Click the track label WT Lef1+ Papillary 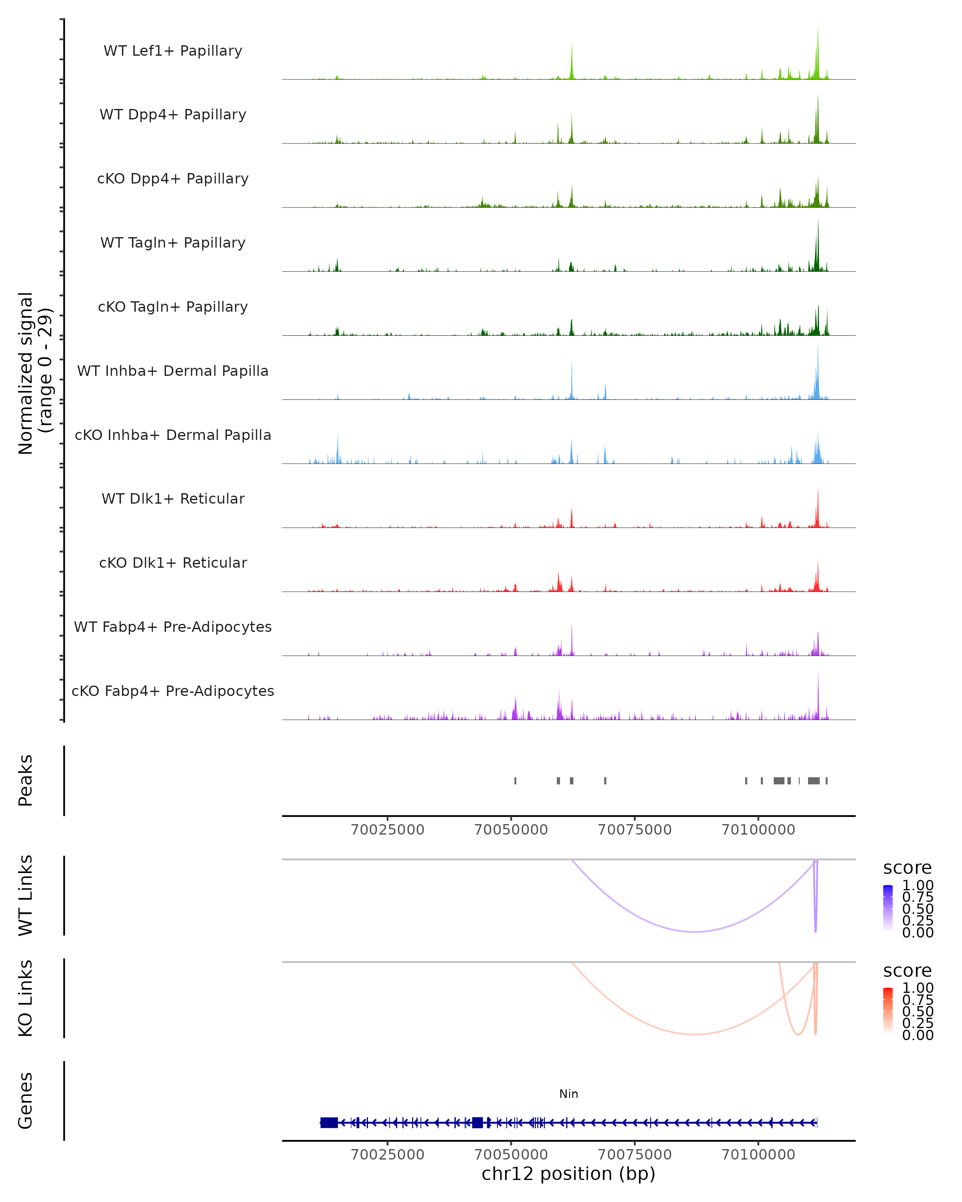pyautogui.click(x=173, y=51)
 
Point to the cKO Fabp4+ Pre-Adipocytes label pyautogui.click(x=173, y=691)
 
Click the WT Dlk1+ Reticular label pyautogui.click(x=173, y=498)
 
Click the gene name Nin pyautogui.click(x=568, y=1094)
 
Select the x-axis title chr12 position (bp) pyautogui.click(x=568, y=1174)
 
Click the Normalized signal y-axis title pyautogui.click(x=34, y=373)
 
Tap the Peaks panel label pyautogui.click(x=26, y=780)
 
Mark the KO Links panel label pyautogui.click(x=26, y=998)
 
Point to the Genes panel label pyautogui.click(x=26, y=1101)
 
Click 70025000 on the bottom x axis pyautogui.click(x=388, y=1155)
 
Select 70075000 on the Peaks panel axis pyautogui.click(x=635, y=830)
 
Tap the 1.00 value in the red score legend pyautogui.click(x=918, y=988)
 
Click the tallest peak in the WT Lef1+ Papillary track pyautogui.click(x=818, y=28)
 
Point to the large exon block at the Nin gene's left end pyautogui.click(x=329, y=1123)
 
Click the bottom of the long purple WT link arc pyautogui.click(x=694, y=932)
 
